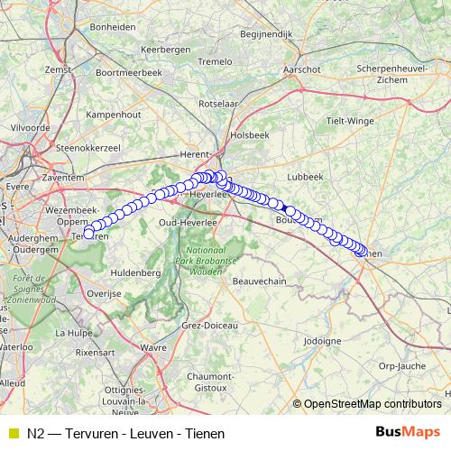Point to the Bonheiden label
[113, 27]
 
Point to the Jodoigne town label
[323, 341]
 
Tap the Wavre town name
[154, 346]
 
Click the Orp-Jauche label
[401, 366]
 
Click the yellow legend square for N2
[12, 433]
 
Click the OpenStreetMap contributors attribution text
[372, 404]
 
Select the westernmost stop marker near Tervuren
[88, 234]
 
